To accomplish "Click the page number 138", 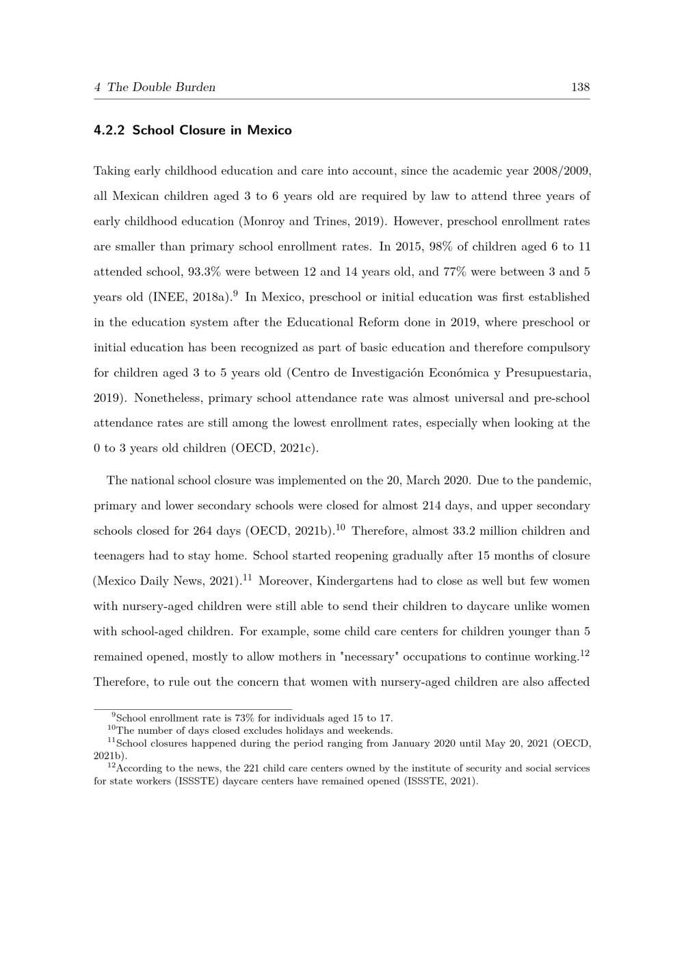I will click(x=580, y=87).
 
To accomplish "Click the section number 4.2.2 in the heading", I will click(x=109, y=130).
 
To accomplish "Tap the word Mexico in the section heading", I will click(x=269, y=130).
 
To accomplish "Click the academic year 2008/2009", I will click(x=562, y=170).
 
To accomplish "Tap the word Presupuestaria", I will click(x=545, y=373).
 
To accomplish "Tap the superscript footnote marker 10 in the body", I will click(x=341, y=528).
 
